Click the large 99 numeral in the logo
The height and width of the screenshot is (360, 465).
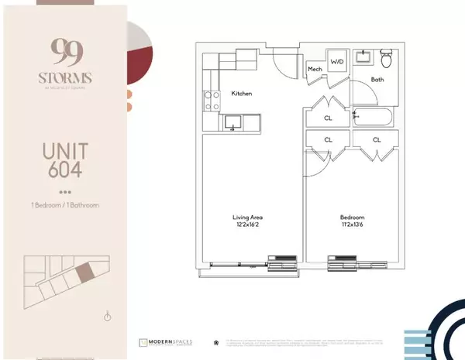point(59,53)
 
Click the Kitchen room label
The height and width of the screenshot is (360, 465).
point(242,94)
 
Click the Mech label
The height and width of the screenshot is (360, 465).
point(315,69)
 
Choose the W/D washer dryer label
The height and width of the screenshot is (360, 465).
point(337,60)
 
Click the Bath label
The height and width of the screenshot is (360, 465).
point(377,79)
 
